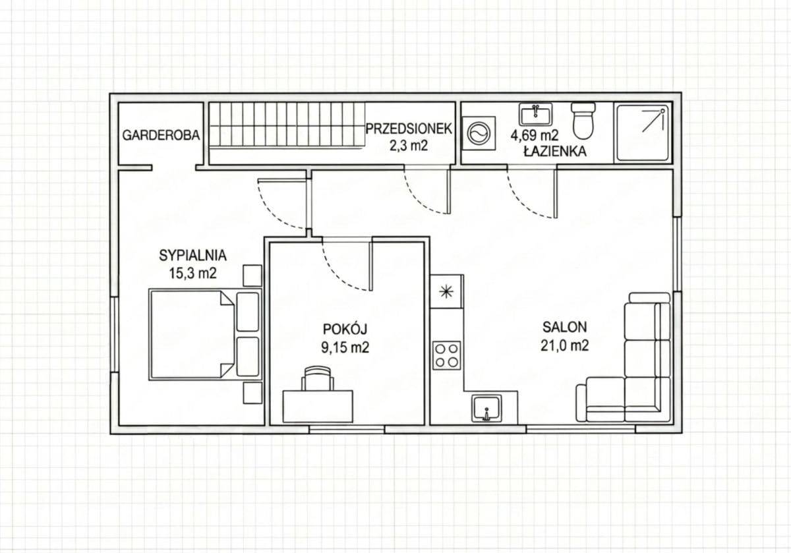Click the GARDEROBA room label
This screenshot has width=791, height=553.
tap(161, 135)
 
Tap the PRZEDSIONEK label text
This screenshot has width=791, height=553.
tap(409, 129)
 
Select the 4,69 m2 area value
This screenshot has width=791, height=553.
tap(534, 135)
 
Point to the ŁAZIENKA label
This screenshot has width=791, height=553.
tap(555, 152)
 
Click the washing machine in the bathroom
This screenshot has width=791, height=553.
tap(479, 134)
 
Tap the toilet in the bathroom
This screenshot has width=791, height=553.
tap(583, 121)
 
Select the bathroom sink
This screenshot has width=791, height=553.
tap(536, 114)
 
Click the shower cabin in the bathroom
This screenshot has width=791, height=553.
tap(643, 132)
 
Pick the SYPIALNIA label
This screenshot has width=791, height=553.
tap(192, 255)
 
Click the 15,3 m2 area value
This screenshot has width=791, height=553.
tap(192, 274)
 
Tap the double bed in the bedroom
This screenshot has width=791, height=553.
tap(205, 334)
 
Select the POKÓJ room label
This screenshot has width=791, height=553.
tap(345, 329)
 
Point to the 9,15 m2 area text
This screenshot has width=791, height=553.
tap(345, 348)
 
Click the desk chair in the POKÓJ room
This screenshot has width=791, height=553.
tap(318, 378)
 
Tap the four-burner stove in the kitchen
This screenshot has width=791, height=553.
tap(447, 355)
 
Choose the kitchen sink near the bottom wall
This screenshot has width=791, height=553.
tap(486, 409)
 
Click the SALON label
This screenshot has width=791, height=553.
tap(565, 327)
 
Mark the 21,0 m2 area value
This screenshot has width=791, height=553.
tap(565, 345)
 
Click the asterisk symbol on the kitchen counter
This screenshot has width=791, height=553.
tap(446, 292)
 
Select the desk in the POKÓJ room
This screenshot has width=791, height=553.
tap(318, 406)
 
